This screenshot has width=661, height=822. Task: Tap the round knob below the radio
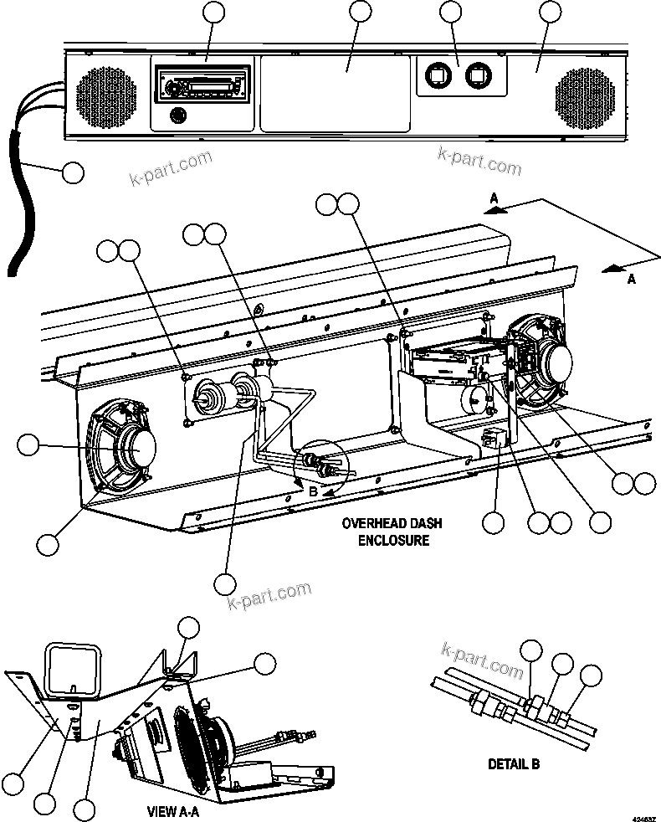coord(178,115)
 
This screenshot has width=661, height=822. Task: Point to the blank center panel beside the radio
coord(335,94)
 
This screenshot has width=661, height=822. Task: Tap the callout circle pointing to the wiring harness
coord(73,172)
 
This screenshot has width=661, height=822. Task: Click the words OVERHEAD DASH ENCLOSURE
coord(392,532)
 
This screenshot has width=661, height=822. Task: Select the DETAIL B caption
coord(513,763)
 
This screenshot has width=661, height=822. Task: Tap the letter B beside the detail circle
coord(313,492)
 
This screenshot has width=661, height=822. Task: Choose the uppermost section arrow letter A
coord(494,198)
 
